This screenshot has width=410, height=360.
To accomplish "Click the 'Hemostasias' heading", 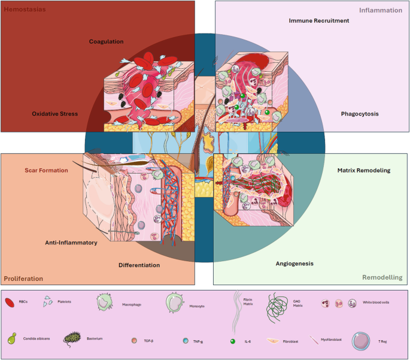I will (25, 10).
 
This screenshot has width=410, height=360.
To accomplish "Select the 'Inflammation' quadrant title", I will (381, 10).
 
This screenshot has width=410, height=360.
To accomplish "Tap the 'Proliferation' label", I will (24, 279).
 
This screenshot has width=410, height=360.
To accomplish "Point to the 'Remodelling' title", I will (381, 277).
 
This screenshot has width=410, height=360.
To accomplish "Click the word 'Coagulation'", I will (106, 41).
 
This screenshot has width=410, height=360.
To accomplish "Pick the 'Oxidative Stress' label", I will (54, 113).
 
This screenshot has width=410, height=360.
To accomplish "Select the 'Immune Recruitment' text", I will (318, 20).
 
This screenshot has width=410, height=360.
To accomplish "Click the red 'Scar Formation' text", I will (46, 170).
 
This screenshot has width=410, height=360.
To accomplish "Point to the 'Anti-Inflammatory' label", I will (71, 243).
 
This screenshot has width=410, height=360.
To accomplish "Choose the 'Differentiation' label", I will (139, 265).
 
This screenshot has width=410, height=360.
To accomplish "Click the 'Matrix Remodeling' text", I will (364, 170).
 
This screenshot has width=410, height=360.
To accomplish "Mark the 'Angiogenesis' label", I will (294, 263).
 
